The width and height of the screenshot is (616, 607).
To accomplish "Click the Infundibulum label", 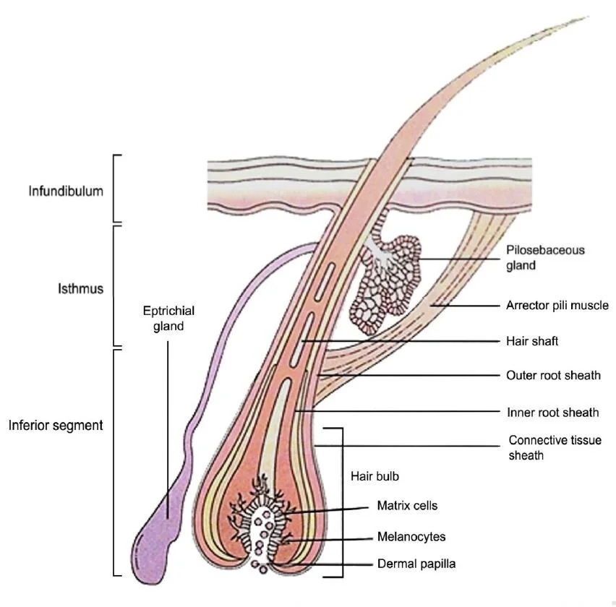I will point(66,191).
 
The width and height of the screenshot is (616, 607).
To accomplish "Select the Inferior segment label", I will point(56,425).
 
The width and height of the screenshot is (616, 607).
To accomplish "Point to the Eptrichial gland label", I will point(168,318).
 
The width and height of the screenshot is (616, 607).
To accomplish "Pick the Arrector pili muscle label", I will point(557,305).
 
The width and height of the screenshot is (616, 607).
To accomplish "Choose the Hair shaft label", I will point(532,340).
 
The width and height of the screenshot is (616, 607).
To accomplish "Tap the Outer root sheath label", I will point(553,376).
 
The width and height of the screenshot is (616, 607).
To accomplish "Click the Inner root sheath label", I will point(553,413).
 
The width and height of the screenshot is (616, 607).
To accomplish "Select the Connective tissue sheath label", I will point(555,447).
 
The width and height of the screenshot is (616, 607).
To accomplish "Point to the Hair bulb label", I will point(375,477).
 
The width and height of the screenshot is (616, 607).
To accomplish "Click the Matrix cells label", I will point(407,506).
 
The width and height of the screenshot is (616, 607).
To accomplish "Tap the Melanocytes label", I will point(411,537).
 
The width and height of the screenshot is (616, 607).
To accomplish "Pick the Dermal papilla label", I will point(416,564).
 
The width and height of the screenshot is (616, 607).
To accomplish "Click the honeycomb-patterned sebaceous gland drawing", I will point(387,282).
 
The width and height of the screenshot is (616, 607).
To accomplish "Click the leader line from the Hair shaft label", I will point(405,340).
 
